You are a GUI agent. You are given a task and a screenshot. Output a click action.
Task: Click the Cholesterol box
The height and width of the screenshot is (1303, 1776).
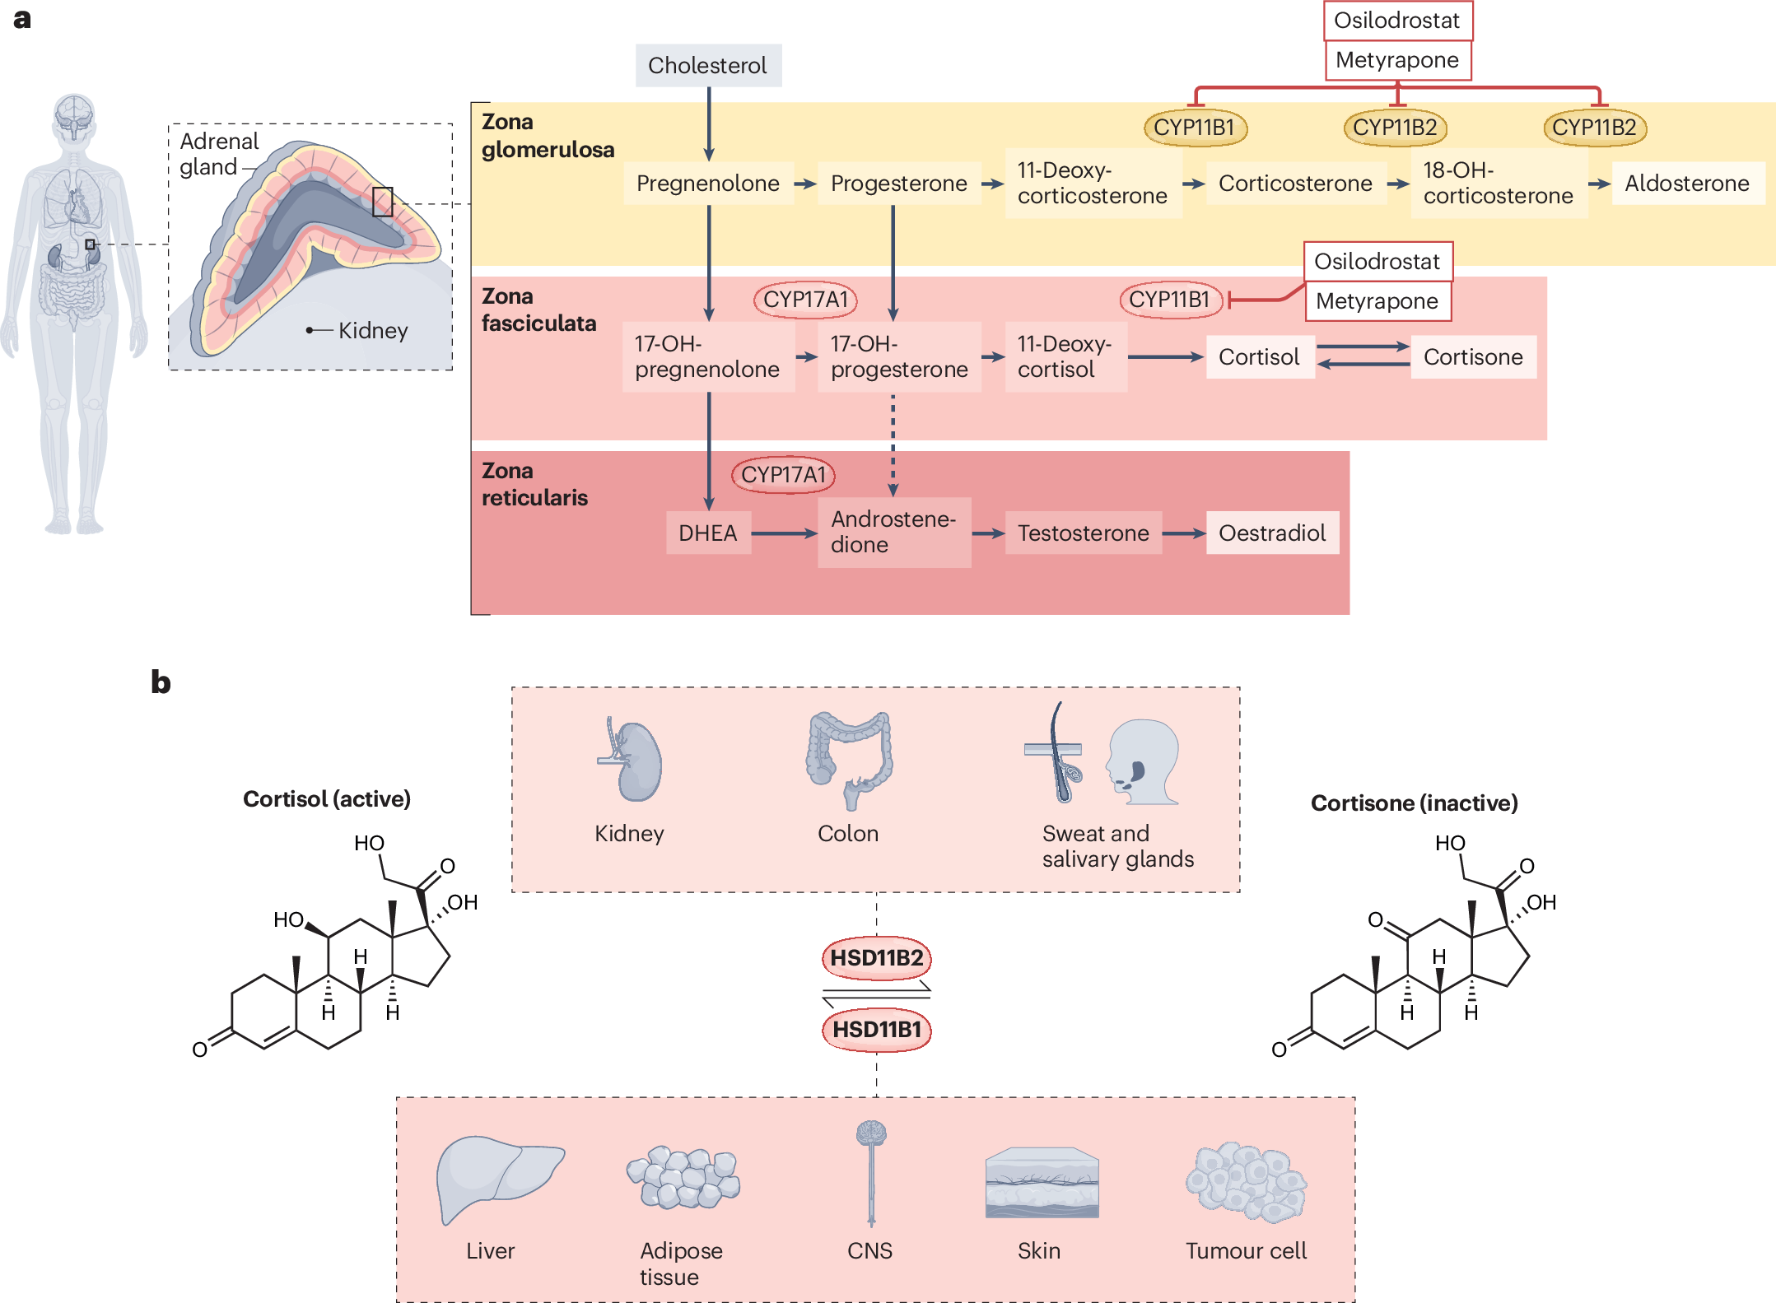click(708, 65)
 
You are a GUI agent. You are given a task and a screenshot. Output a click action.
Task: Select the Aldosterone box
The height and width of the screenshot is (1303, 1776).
click(1686, 184)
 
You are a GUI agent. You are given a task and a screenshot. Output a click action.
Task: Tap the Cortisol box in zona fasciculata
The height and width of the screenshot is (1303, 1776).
click(1259, 356)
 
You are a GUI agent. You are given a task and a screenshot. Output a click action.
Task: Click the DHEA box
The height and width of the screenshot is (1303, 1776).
click(708, 533)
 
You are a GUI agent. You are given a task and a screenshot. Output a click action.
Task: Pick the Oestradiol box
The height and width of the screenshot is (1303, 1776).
click(1271, 533)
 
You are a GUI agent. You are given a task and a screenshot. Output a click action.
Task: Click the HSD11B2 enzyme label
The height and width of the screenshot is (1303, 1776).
click(876, 958)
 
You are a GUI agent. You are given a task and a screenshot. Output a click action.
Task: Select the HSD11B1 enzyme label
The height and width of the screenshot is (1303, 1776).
click(876, 1030)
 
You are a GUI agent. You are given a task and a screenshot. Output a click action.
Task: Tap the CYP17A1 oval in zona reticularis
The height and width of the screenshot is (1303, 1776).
click(783, 475)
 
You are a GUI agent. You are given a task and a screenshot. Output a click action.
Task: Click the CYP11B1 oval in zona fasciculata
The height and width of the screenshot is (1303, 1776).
click(1169, 300)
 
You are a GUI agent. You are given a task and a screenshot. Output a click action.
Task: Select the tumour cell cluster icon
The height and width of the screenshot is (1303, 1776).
click(1246, 1182)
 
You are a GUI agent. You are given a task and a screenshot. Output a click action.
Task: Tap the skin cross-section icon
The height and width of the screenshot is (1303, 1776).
click(1042, 1183)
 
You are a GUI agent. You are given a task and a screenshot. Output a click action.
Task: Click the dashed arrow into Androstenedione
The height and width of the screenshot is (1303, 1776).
click(893, 444)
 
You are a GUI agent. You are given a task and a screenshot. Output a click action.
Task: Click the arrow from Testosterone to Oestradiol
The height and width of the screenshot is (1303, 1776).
click(1183, 533)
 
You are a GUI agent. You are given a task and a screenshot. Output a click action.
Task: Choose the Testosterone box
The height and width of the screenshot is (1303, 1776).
click(1083, 533)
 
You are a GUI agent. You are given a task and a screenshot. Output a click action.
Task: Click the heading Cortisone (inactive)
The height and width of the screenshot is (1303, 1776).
click(1414, 803)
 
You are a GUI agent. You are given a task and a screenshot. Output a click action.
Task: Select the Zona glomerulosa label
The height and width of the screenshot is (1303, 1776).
click(548, 136)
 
